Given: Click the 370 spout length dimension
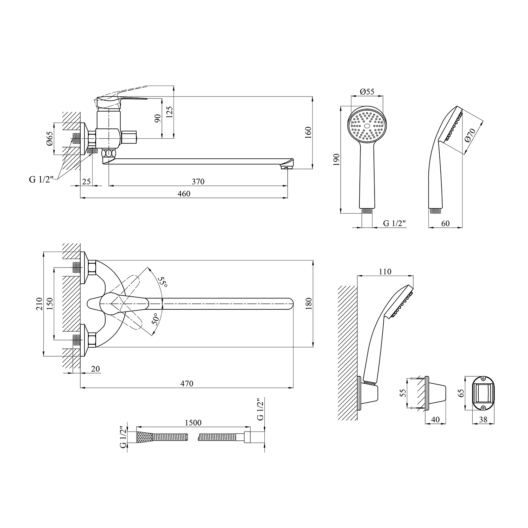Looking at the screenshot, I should [198, 182].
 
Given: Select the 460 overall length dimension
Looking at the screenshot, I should [184, 194].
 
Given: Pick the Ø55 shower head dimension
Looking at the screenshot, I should [367, 92].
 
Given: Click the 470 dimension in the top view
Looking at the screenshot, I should [187, 383].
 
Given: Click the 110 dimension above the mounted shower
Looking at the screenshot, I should [385, 272].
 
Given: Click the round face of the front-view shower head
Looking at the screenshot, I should [367, 125].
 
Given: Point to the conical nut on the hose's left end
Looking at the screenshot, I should [144, 437].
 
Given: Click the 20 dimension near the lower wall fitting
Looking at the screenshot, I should [95, 369].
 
